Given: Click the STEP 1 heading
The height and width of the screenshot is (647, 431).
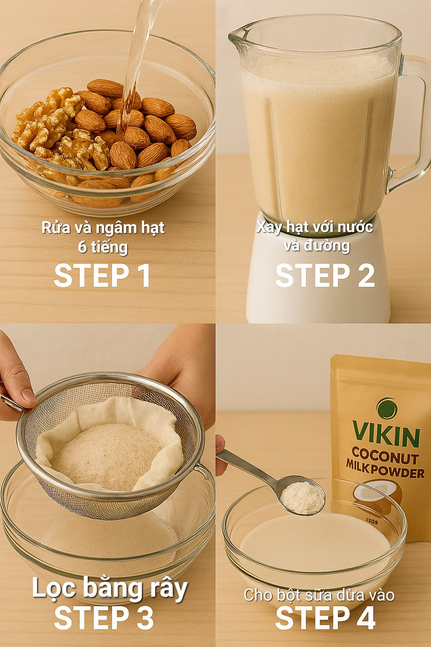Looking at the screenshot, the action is [x=102, y=275].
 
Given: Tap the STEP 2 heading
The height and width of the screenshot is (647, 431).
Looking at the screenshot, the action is [x=325, y=275].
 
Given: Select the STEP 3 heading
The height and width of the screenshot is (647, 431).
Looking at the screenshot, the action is [x=104, y=617].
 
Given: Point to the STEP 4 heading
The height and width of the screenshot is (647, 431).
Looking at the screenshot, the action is [x=325, y=617].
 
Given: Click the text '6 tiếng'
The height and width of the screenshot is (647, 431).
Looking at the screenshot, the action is [x=103, y=247].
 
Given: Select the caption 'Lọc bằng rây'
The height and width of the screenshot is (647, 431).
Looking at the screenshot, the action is [x=110, y=587].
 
